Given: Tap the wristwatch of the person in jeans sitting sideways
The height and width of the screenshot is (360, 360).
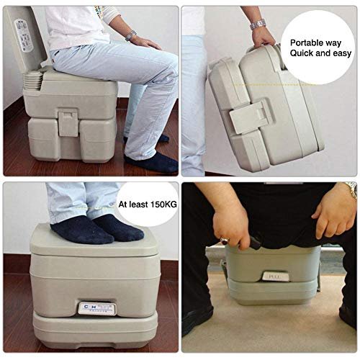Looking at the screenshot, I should (x=130, y=36).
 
